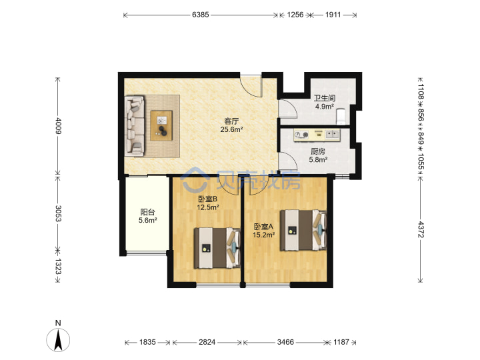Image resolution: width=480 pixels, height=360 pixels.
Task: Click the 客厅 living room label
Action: tap(231, 121)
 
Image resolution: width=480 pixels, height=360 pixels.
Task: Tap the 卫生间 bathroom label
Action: tap(325, 98)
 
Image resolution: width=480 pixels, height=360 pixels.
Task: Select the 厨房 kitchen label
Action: tap(318, 151)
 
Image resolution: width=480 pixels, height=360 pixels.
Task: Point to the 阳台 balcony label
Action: tap(147, 212)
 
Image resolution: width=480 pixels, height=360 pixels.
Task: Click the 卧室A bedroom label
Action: tap(263, 227)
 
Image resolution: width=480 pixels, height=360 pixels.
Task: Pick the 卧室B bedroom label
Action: tap(207, 199)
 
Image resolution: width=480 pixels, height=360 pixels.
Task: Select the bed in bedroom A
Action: tap(304, 230)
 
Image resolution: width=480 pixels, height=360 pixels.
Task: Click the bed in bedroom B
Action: tap(217, 248)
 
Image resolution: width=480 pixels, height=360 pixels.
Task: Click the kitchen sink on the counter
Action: tap(332, 134)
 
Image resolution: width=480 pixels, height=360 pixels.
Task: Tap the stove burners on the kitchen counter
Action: tap(301, 135)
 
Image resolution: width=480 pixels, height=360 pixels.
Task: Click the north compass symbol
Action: tap(58, 339)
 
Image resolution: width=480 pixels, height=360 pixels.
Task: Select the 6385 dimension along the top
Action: tap(201, 15)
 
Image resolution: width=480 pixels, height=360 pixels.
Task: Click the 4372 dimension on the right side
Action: tap(421, 229)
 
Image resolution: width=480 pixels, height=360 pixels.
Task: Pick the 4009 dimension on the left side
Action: tap(58, 125)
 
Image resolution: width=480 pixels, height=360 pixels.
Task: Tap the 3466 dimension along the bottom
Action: tap(285, 342)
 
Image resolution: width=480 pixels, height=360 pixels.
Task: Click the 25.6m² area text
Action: tap(231, 129)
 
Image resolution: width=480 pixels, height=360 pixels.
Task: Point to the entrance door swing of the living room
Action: tap(251, 85)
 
